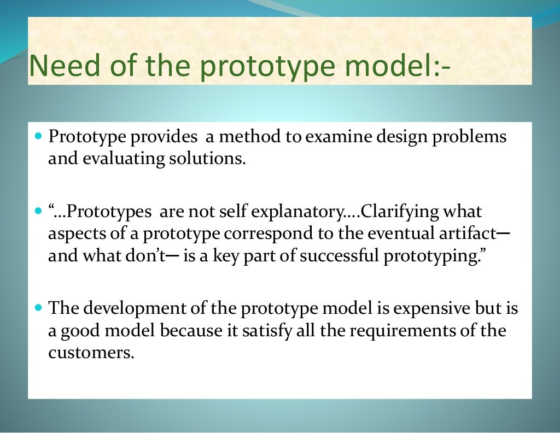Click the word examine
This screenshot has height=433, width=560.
point(336,137)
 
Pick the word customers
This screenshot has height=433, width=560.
point(91,353)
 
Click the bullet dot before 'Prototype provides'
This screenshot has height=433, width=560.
point(38,134)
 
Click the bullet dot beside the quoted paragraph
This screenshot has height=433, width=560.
point(38,210)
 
